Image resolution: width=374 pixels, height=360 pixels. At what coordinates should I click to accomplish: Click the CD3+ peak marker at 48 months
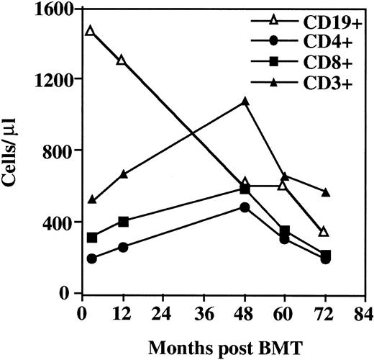[245, 102]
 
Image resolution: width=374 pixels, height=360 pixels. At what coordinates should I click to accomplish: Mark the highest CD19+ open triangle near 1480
[89, 31]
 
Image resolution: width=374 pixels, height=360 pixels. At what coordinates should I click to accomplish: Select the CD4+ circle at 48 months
[245, 207]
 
